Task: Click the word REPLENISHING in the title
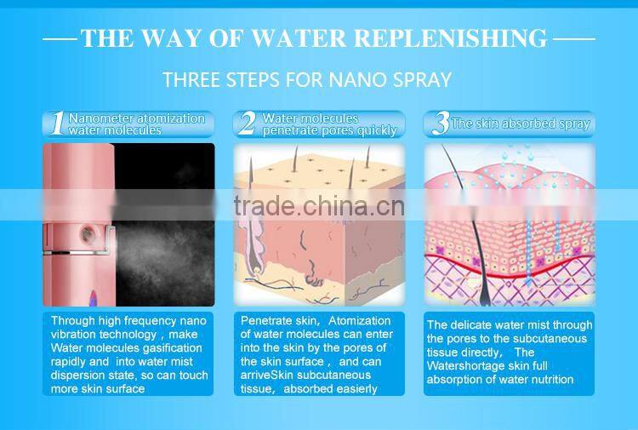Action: [x=450, y=38]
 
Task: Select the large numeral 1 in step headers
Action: [x=58, y=123]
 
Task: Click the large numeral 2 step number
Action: [x=247, y=123]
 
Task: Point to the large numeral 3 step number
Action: [x=441, y=123]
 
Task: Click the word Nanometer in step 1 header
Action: [x=102, y=118]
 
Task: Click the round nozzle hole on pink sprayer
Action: [x=87, y=234]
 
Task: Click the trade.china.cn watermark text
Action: [x=319, y=206]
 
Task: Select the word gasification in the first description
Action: [x=173, y=348]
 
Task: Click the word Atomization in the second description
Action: [x=359, y=321]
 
